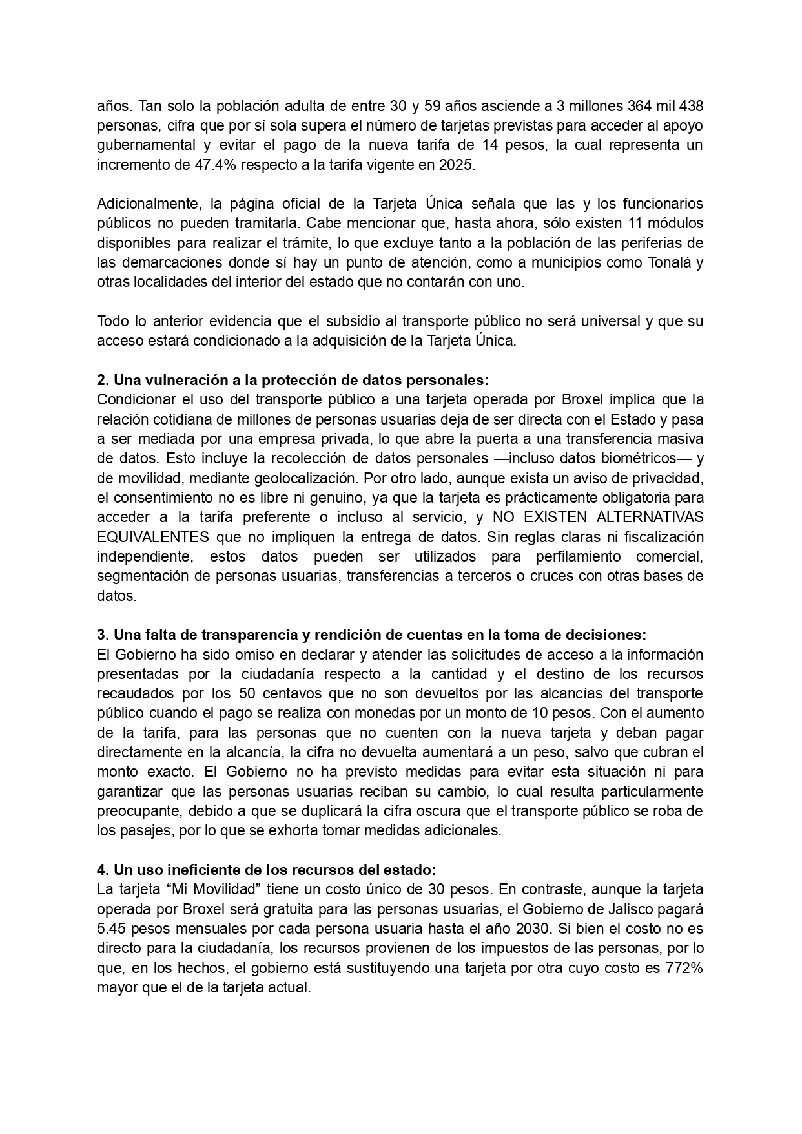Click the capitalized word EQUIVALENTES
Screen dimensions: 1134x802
[153, 537]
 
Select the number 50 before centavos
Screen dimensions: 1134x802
[247, 693]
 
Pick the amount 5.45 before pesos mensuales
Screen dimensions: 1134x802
[110, 929]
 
